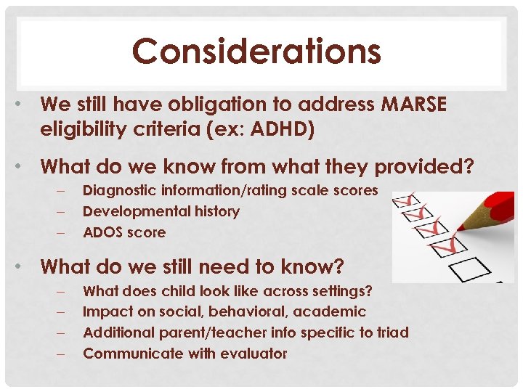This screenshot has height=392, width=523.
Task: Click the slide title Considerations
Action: pyautogui.click(x=256, y=52)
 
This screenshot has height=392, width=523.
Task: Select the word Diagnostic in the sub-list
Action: pyautogui.click(x=118, y=190)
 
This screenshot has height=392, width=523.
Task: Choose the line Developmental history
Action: pyautogui.click(x=161, y=211)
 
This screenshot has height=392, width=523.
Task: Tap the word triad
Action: pyautogui.click(x=393, y=332)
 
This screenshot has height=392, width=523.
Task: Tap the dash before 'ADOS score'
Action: pyautogui.click(x=62, y=232)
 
